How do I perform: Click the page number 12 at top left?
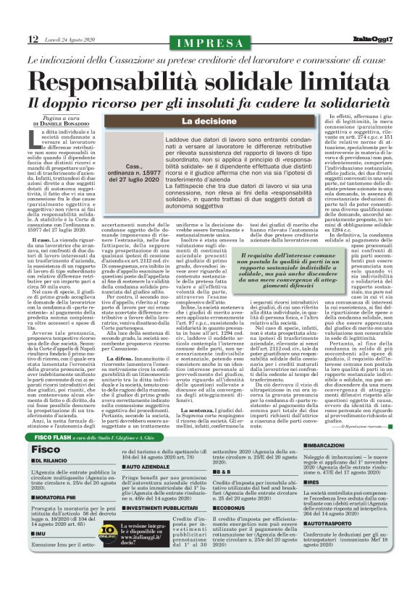[x=33, y=38]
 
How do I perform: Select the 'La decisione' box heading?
[x=207, y=122]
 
